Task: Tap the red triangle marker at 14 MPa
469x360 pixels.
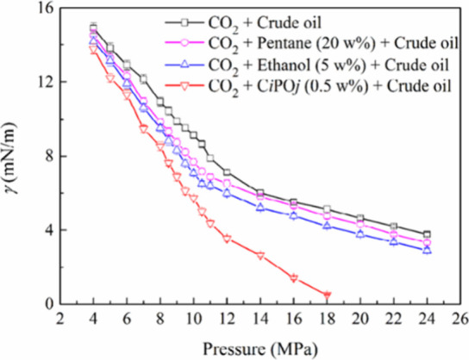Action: point(260,256)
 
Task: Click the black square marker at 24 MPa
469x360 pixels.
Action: point(427,234)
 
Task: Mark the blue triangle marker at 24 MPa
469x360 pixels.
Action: point(427,250)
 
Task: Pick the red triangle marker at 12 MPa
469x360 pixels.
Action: point(227,239)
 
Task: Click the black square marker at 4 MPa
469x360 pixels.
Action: point(93,28)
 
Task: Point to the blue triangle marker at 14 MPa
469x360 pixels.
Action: point(260,207)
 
